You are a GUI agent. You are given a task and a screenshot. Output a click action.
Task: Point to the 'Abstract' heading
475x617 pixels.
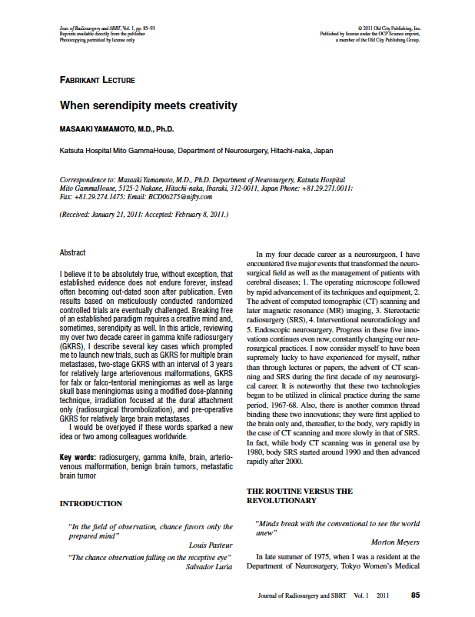click(73, 252)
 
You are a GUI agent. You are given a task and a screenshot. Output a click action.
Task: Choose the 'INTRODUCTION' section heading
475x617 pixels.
click(91, 503)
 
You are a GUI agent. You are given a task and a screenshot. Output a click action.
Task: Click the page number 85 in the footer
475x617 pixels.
click(415, 595)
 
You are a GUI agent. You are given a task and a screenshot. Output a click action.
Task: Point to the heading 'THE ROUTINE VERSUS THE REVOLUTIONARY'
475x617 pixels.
click(299, 495)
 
